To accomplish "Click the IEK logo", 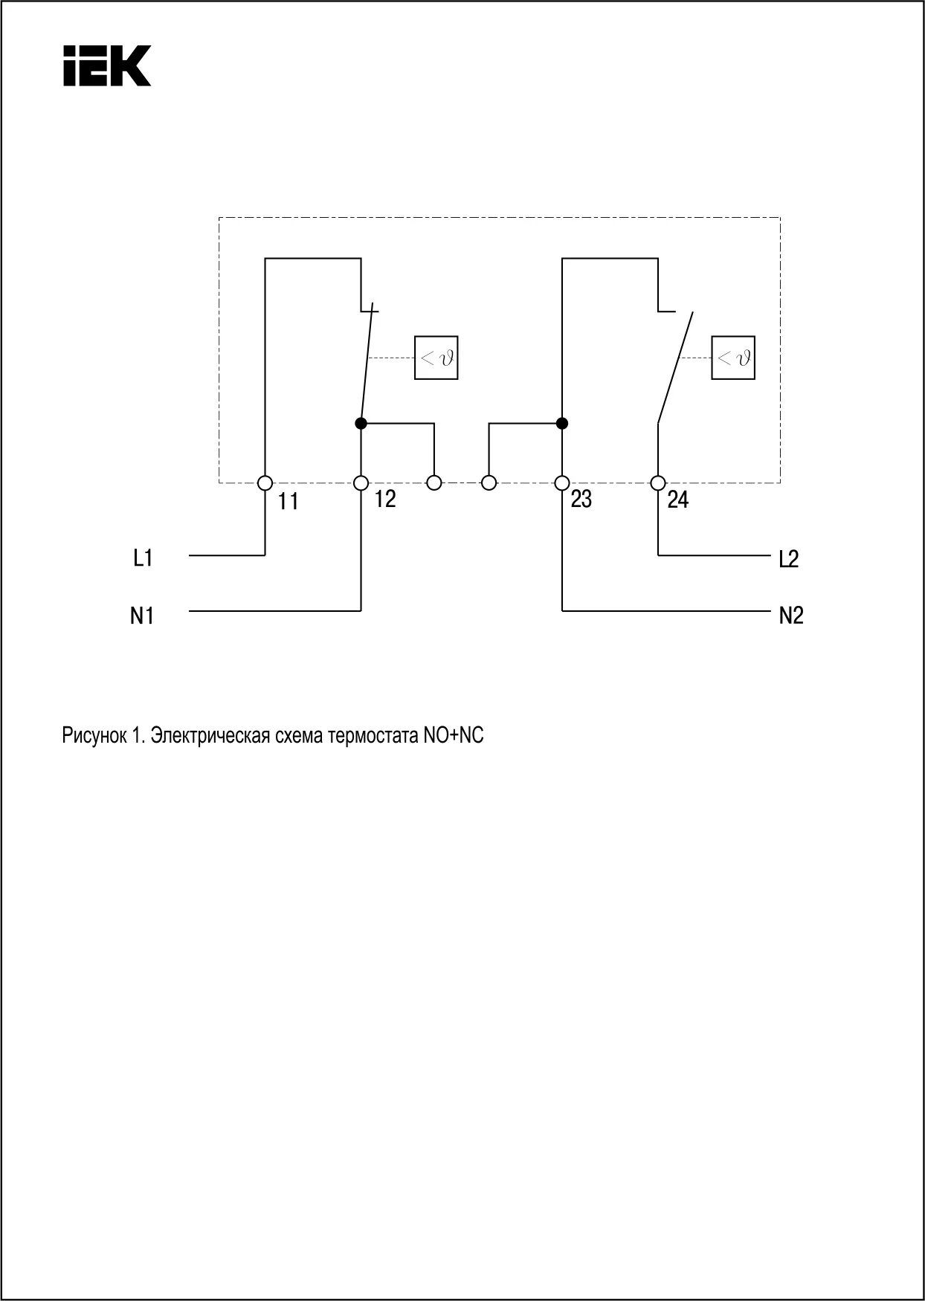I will click(107, 65).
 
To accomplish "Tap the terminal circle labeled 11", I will click(265, 483).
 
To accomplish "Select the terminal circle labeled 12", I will click(361, 483).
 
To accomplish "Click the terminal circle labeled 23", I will click(562, 483).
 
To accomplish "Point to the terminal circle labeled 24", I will click(657, 483).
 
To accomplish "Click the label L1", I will click(143, 557).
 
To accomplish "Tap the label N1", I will click(142, 616).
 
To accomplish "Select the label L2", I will click(789, 559).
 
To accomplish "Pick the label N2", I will click(791, 616).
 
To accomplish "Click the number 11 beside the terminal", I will click(289, 502).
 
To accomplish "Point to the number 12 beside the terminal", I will click(385, 499).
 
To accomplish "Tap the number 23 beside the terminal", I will click(581, 499).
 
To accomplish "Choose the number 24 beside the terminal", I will click(677, 500).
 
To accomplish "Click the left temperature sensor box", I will click(436, 358).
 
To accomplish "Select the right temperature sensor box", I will click(733, 358).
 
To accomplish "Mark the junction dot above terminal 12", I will click(361, 424).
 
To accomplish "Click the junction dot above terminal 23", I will click(562, 424).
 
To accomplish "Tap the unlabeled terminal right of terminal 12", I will click(434, 483).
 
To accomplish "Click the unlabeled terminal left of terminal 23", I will click(489, 483).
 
